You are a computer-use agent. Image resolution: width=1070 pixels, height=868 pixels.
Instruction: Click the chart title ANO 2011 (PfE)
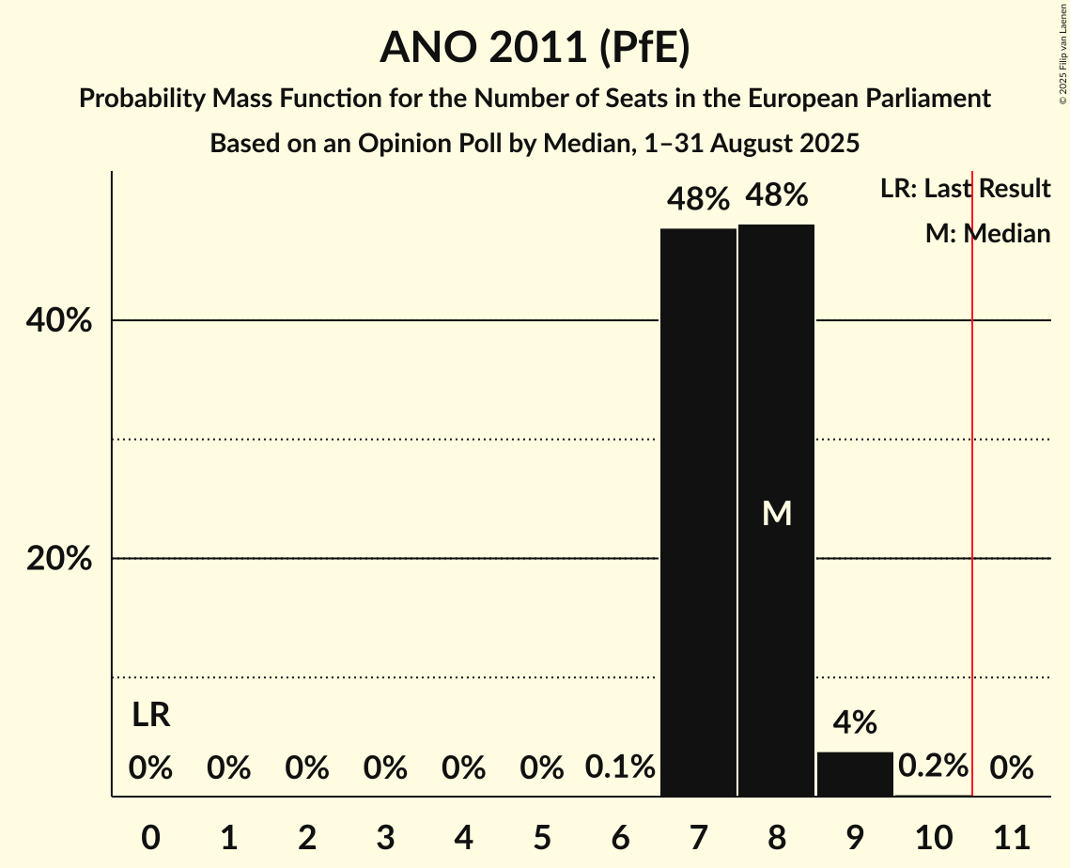(x=535, y=47)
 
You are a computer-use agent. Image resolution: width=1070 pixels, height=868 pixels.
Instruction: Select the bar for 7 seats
(x=698, y=512)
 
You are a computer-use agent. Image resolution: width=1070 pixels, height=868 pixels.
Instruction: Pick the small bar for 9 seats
(x=855, y=774)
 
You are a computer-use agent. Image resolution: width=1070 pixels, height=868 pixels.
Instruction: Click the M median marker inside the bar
(x=777, y=513)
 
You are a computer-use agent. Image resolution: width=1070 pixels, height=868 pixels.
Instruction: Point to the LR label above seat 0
(x=150, y=715)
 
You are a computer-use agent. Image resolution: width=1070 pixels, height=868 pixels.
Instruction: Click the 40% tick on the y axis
(x=59, y=321)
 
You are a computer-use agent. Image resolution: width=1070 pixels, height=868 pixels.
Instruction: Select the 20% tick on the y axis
(x=59, y=559)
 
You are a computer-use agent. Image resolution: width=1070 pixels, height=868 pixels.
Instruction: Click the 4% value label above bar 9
(x=855, y=722)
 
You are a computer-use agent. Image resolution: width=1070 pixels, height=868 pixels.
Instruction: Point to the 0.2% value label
(x=933, y=766)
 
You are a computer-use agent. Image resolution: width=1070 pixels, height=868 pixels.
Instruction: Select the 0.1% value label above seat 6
(x=620, y=767)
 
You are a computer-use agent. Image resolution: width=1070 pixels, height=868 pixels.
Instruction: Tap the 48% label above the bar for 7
(x=698, y=199)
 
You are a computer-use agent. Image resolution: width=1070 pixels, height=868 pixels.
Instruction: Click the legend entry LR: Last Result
(x=965, y=189)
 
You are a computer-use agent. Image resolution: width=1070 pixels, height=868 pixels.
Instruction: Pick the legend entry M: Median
(x=987, y=233)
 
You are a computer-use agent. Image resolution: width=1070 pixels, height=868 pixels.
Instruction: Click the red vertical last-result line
(x=972, y=470)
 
